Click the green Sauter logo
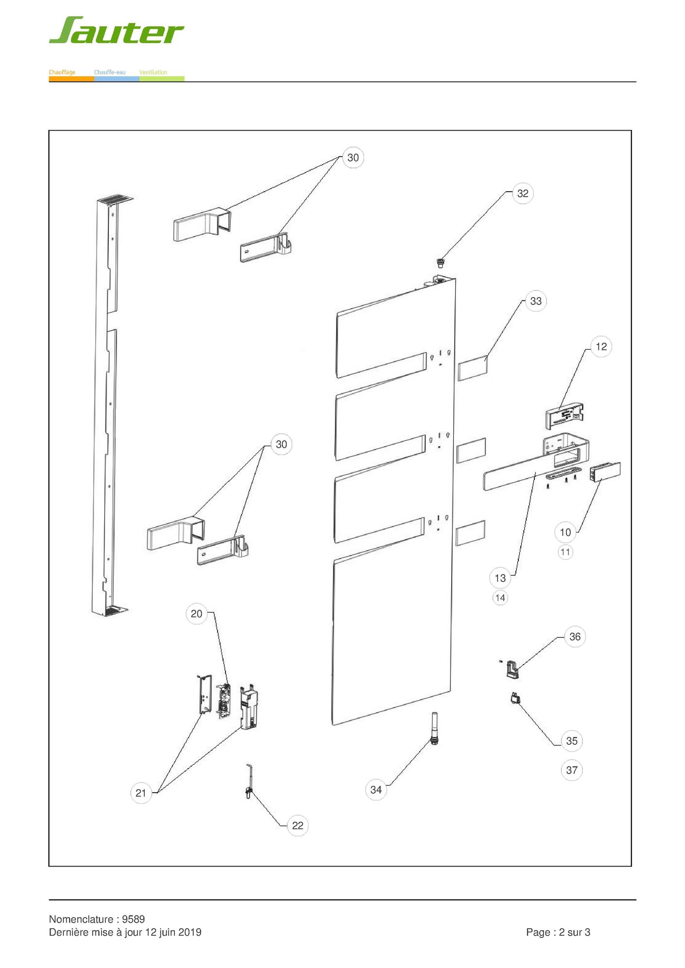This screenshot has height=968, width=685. pos(116,31)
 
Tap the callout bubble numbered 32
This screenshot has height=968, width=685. pos(522,194)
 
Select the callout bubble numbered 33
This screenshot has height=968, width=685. pos(535,301)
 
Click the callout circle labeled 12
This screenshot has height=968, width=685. pos(601,347)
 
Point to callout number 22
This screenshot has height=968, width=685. pos(297,826)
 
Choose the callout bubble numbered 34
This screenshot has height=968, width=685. pos(376,790)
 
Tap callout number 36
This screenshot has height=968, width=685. pos(575,637)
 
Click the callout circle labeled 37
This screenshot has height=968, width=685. pos(572,770)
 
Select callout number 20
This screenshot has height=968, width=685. pos(196,614)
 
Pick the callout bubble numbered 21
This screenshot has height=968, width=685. pos(141,793)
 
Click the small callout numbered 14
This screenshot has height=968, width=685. pos(500,598)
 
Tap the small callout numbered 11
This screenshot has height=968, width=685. pos(565,552)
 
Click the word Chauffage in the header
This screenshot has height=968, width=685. pos(62,72)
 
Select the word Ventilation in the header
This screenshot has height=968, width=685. pos(153,72)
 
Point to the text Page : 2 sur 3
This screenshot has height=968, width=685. pos(558,933)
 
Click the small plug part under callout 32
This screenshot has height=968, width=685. pos(441,263)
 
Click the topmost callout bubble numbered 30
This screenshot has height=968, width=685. pos(353,158)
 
